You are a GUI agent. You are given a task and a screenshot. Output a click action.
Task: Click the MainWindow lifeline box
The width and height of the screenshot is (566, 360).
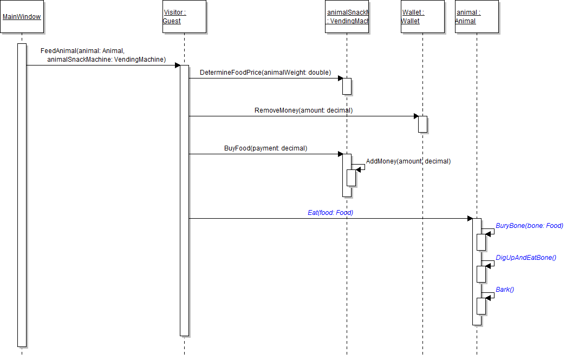(22, 17)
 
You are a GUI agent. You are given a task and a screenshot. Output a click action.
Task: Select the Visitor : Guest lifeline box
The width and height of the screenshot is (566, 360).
(184, 17)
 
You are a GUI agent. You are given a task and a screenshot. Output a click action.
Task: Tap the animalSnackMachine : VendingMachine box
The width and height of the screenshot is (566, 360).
(347, 17)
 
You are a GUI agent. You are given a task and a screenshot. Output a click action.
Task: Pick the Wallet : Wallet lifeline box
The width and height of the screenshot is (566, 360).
(422, 17)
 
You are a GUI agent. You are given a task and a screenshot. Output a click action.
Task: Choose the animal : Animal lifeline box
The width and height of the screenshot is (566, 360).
(477, 17)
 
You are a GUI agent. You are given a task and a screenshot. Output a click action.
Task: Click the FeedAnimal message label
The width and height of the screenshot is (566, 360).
(103, 55)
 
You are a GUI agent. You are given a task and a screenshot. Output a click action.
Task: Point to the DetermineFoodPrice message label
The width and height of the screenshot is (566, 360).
(265, 73)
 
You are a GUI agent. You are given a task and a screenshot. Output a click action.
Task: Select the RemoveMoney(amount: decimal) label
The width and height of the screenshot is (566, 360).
(303, 110)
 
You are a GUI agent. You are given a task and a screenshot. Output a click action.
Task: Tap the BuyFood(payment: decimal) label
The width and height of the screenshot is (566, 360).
(265, 148)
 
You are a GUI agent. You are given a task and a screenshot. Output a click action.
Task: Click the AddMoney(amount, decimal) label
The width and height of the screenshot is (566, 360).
(408, 161)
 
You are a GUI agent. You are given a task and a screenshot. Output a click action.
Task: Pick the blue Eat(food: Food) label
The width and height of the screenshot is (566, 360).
(330, 213)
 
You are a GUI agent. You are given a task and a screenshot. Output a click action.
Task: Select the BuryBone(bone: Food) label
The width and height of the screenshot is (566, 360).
(529, 226)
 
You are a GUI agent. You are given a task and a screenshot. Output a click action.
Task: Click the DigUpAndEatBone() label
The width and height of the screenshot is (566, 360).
(526, 258)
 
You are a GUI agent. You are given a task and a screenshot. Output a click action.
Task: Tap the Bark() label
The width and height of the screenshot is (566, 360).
(505, 290)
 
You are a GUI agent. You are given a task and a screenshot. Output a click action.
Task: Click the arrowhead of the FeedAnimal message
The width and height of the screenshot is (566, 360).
(177, 66)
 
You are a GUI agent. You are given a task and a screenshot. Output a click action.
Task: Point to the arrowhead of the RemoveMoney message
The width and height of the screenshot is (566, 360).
(415, 116)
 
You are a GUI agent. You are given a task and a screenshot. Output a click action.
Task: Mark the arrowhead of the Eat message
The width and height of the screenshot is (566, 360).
(470, 219)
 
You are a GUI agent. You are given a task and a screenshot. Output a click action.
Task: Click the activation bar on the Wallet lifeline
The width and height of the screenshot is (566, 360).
(422, 124)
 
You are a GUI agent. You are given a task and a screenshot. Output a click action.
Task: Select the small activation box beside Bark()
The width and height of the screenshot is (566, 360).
(481, 306)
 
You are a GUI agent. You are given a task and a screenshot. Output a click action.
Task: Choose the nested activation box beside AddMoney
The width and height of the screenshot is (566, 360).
(351, 178)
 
